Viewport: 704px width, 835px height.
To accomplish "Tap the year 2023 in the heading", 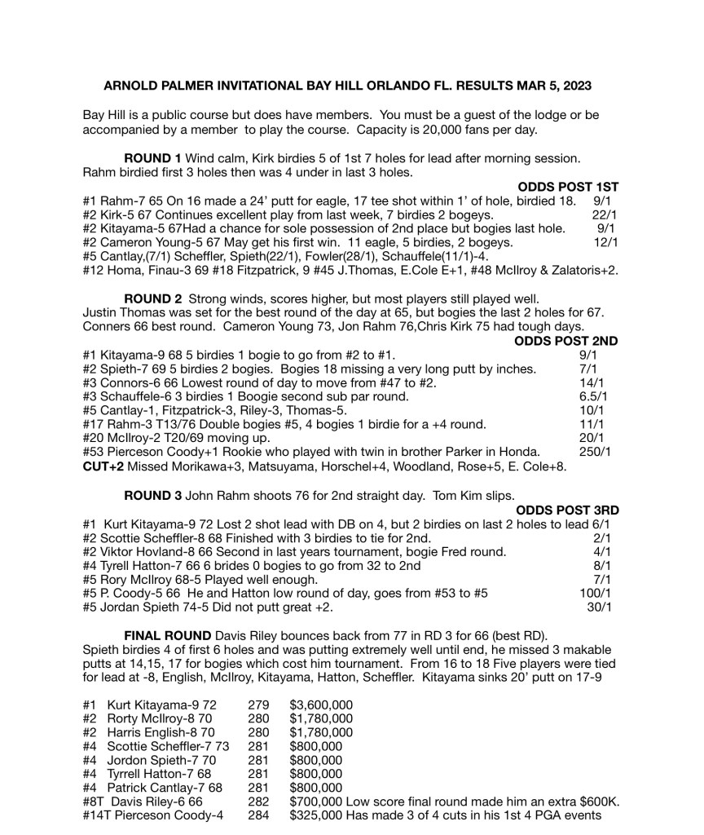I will pyautogui.click(x=576, y=85).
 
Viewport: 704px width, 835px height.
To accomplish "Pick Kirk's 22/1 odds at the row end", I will pyautogui.click(x=604, y=214).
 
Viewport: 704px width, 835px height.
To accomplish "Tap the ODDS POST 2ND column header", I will pyautogui.click(x=566, y=342).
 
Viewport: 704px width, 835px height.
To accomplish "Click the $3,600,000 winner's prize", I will pyautogui.click(x=321, y=705).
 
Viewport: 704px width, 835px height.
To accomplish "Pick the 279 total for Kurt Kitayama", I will pyautogui.click(x=257, y=705).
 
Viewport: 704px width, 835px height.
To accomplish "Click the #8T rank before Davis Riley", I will pyautogui.click(x=94, y=802).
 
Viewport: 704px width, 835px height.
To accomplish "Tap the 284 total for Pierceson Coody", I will pyautogui.click(x=257, y=815).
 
